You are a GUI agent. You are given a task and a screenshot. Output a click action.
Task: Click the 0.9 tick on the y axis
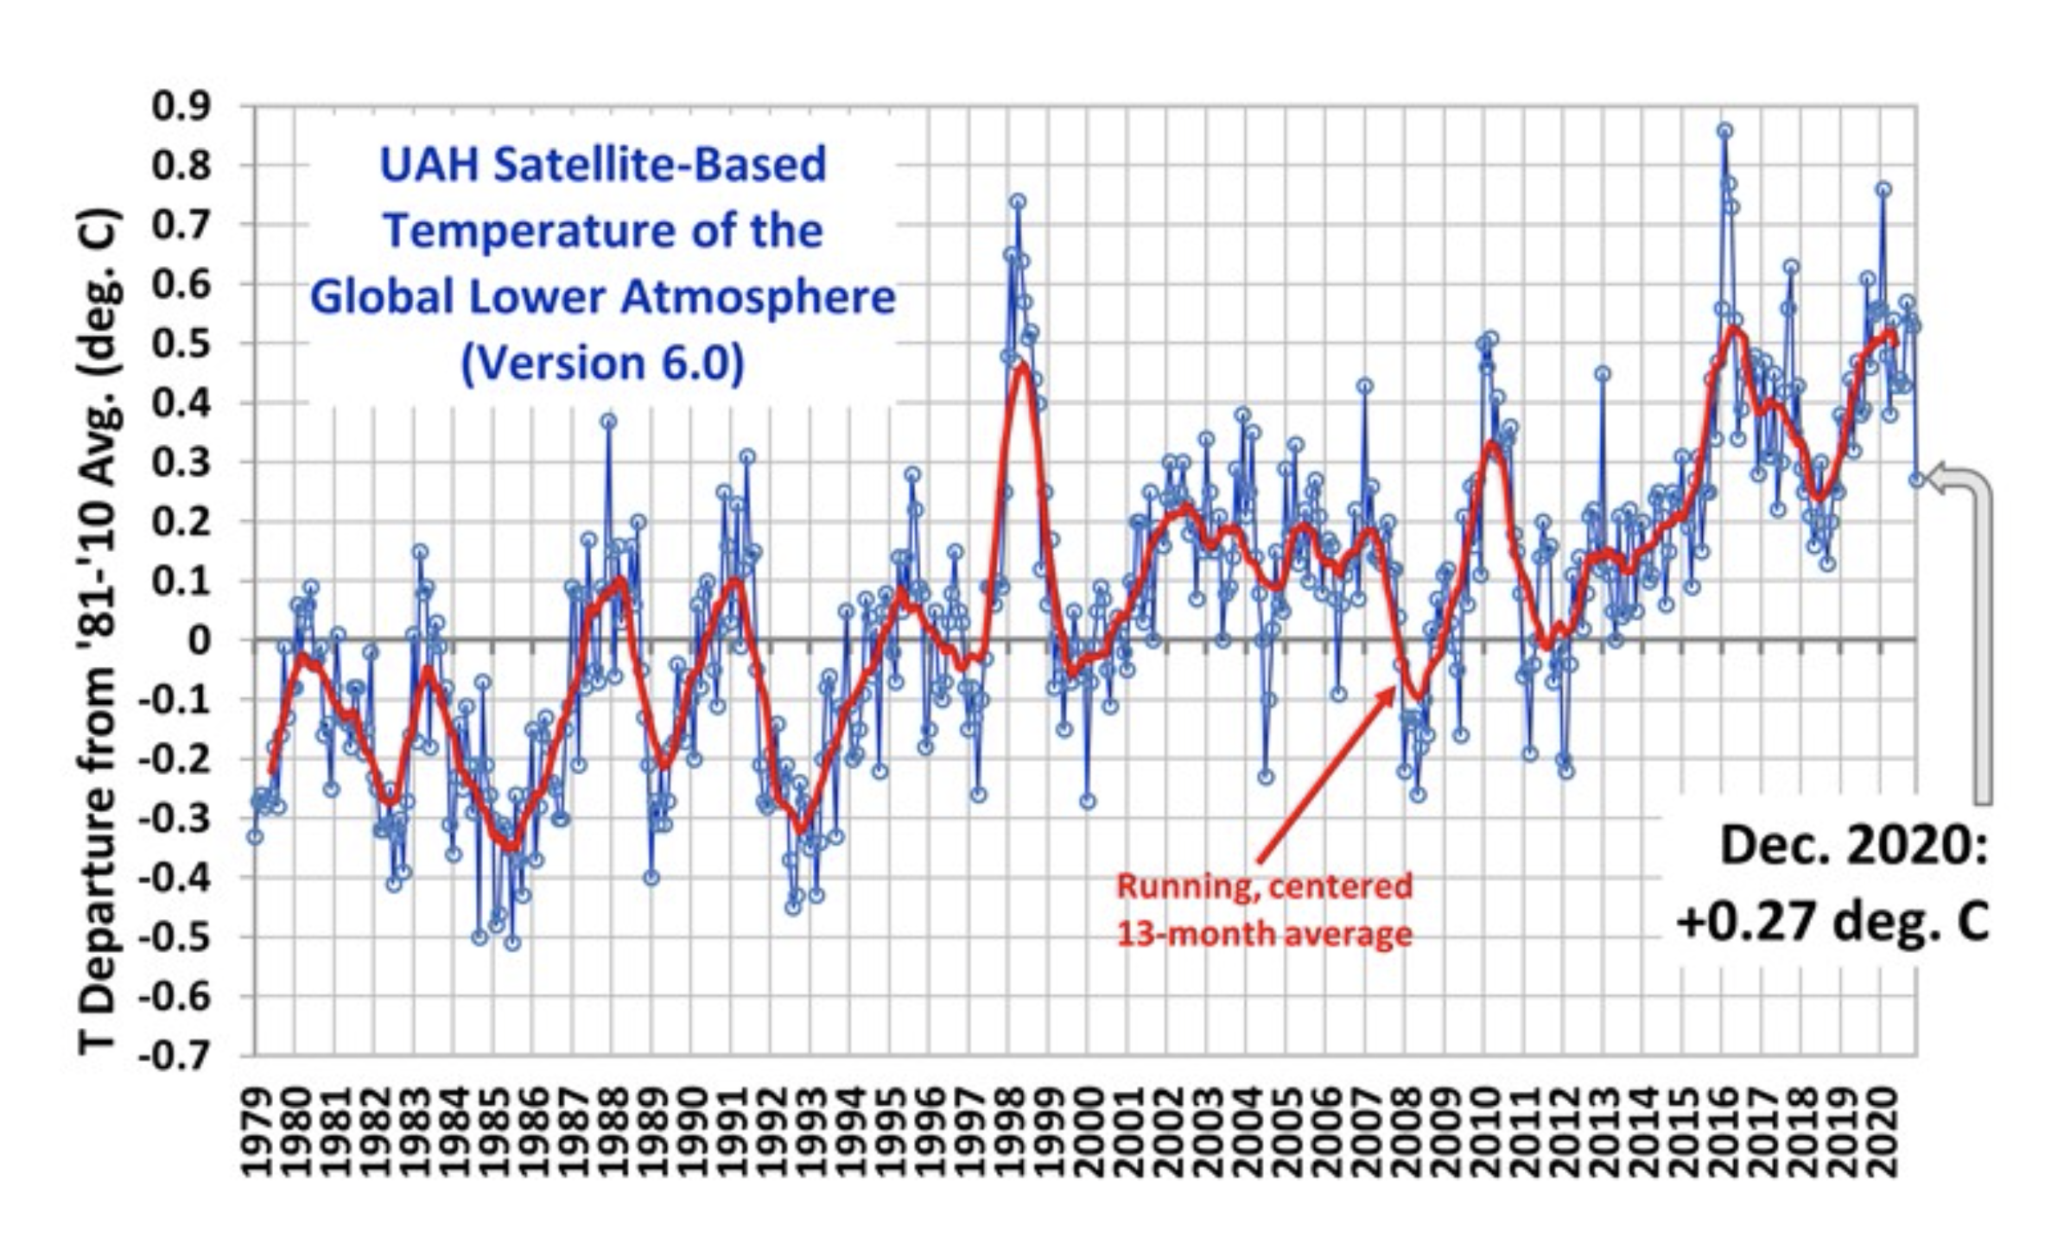[x=181, y=106]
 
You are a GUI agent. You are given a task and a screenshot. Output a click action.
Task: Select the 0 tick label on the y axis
[x=200, y=640]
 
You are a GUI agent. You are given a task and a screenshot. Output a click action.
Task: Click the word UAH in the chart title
[x=429, y=165]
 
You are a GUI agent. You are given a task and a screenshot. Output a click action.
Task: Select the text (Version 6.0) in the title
[x=602, y=363]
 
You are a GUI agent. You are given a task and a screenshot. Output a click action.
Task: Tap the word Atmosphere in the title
[x=758, y=297]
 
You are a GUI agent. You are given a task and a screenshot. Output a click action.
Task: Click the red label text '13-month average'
[x=1264, y=934]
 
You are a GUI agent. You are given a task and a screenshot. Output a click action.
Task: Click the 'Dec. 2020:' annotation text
[x=1854, y=845]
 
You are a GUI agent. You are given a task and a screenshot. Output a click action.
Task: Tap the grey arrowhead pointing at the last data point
[x=1938, y=479]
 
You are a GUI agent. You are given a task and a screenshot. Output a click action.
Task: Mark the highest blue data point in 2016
[x=1724, y=130]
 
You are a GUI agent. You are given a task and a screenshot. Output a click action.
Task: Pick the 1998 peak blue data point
[x=1018, y=200]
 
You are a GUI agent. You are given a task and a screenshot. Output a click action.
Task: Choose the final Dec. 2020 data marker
[x=1916, y=479]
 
